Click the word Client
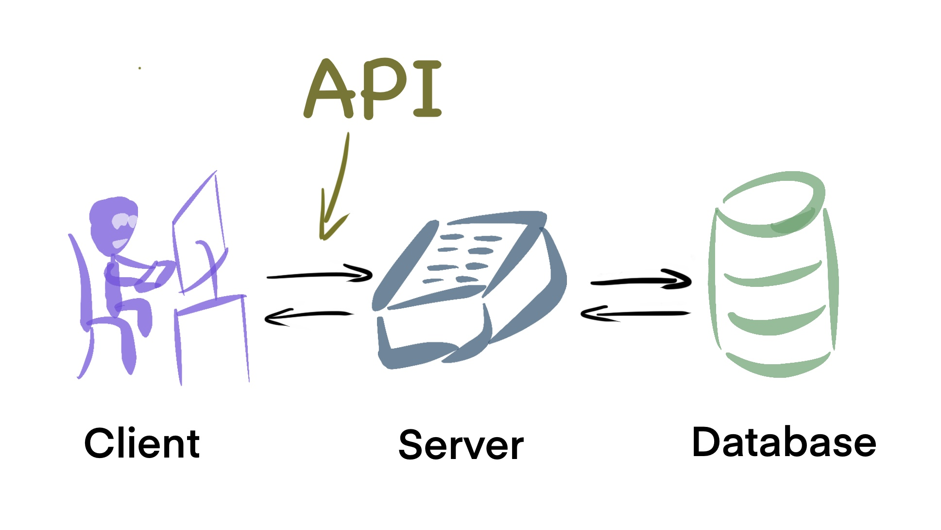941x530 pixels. pos(142,443)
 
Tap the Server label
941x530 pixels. pos(461,445)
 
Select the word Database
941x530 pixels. pos(784,442)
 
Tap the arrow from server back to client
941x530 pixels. pos(309,315)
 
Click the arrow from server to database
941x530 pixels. pos(641,281)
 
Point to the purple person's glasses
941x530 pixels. pos(124,221)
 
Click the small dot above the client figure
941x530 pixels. pos(140,68)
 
